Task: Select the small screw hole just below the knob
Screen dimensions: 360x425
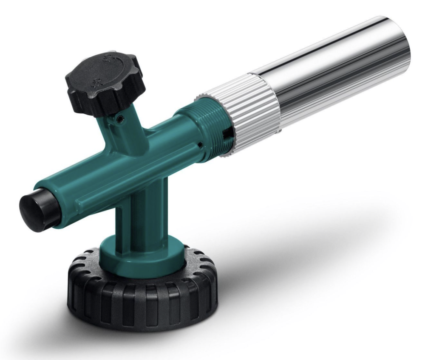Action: coord(121,121)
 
